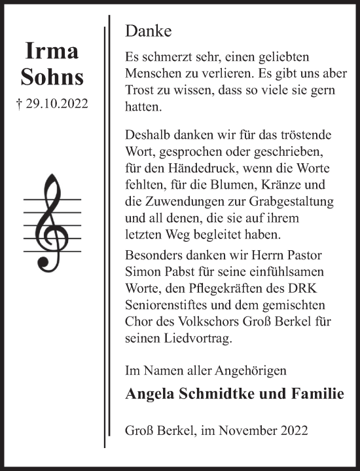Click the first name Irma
click(52, 50)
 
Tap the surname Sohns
click(52, 77)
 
